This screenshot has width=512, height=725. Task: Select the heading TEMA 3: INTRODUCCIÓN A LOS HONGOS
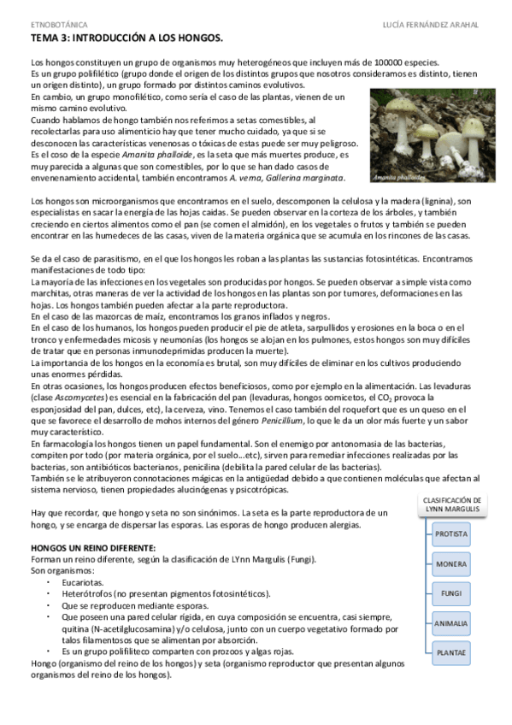pos(127,39)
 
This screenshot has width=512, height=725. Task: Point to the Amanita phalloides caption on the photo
pos(397,178)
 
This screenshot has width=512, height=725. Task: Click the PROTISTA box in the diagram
pos(451,533)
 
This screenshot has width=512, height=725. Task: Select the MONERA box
pos(451,563)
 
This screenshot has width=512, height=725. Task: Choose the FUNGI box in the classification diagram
pos(451,593)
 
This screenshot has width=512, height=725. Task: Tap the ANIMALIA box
pos(451,623)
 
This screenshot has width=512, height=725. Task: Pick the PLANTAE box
pos(451,653)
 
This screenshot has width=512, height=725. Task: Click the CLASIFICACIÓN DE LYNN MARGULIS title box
pos(453,504)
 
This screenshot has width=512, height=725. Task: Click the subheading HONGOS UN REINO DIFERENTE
pos(93,547)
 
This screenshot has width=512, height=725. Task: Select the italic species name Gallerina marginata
pos(314,178)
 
